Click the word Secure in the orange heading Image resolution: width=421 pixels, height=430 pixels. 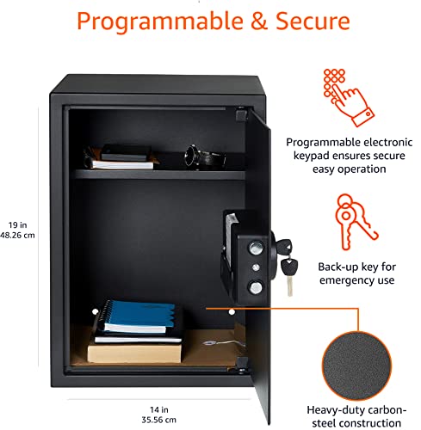tap(313, 21)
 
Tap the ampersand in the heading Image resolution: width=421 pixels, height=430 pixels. tap(259, 21)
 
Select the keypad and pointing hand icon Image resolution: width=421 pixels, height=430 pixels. tap(349, 97)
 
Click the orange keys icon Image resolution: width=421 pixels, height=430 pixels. tap(356, 222)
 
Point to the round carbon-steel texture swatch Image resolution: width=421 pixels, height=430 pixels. tap(356, 365)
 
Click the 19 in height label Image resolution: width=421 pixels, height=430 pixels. tap(17, 225)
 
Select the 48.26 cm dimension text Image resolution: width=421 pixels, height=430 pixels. tap(17, 236)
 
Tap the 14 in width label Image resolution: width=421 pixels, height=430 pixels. tap(159, 409)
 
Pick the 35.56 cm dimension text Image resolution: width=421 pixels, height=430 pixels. tap(158, 420)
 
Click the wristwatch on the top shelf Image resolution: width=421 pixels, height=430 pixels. tap(204, 157)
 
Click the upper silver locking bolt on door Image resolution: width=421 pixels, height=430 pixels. tap(257, 248)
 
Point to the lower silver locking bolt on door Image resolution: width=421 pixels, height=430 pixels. tap(256, 287)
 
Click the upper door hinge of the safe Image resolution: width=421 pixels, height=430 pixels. tap(241, 114)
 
